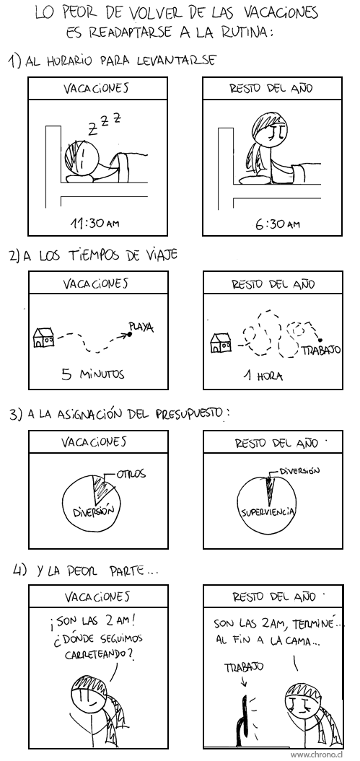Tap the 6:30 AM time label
[x=277, y=224]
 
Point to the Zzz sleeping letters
[x=103, y=124]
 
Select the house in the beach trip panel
[x=44, y=338]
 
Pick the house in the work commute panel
[x=221, y=343]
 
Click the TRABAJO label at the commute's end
[x=321, y=349]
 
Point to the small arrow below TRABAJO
[x=244, y=682]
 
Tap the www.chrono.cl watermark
[x=323, y=755]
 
